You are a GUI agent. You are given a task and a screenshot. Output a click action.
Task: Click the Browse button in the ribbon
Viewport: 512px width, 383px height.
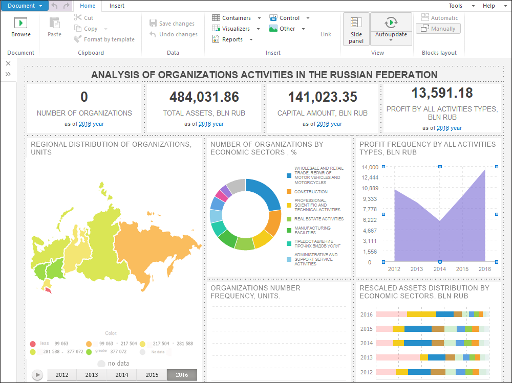coord(21,28)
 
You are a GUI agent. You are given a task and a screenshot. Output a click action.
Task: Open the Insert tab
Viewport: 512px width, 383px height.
coord(117,6)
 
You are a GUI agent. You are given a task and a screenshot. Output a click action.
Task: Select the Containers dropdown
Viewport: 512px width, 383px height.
coord(236,18)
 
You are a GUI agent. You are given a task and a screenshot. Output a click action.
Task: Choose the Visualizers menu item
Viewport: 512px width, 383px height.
coord(236,29)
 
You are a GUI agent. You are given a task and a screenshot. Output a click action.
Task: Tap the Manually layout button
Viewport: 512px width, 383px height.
coord(438,29)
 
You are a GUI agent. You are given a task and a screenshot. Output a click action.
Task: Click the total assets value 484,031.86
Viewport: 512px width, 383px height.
coord(204,97)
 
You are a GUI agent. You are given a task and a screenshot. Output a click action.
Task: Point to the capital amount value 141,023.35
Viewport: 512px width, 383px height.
coord(323,97)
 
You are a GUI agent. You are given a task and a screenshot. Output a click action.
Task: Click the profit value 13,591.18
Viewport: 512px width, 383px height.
coord(442,93)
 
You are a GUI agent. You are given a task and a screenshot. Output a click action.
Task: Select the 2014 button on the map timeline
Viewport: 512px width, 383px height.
coord(122,375)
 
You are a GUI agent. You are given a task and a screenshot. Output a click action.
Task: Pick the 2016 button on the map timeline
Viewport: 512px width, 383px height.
coord(182,375)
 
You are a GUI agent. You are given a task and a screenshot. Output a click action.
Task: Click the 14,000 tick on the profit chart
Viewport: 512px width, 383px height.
coord(370,167)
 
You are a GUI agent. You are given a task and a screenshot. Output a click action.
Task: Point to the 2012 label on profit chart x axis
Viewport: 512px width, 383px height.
coord(394,269)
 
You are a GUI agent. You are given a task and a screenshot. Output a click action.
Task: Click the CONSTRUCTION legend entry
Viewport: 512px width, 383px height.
coord(311,192)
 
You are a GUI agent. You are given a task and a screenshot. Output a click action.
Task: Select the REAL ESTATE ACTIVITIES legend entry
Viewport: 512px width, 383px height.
coord(318,219)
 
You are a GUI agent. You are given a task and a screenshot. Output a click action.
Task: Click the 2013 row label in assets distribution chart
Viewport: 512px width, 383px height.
coord(366,357)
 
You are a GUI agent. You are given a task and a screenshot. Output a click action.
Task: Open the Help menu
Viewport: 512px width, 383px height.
coord(489,6)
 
